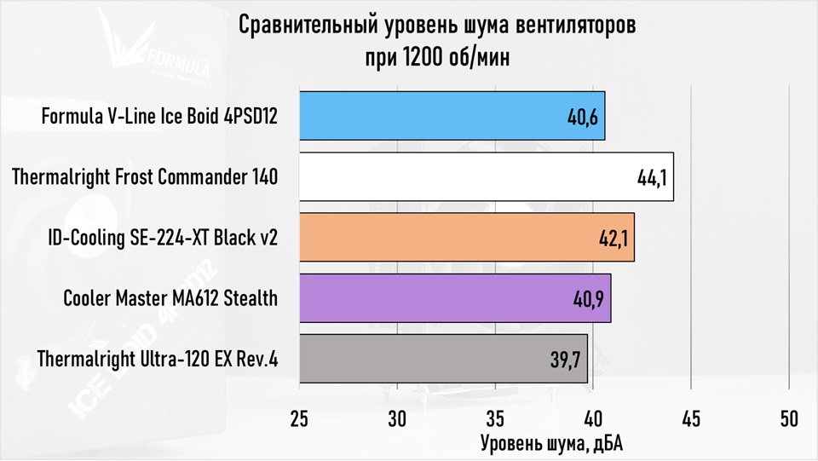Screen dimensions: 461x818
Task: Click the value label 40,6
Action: tap(584, 117)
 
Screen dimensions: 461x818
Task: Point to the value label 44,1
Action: tap(653, 178)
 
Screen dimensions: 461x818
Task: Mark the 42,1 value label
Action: tap(613, 239)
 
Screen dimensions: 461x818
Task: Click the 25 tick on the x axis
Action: tap(299, 419)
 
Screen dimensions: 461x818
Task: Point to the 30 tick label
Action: tap(397, 419)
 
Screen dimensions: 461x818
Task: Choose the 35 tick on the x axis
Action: tap(495, 419)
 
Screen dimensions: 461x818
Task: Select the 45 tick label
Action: tap(691, 419)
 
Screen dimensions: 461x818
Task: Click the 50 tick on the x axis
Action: tap(789, 419)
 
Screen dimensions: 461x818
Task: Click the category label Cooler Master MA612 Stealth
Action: tap(170, 299)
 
